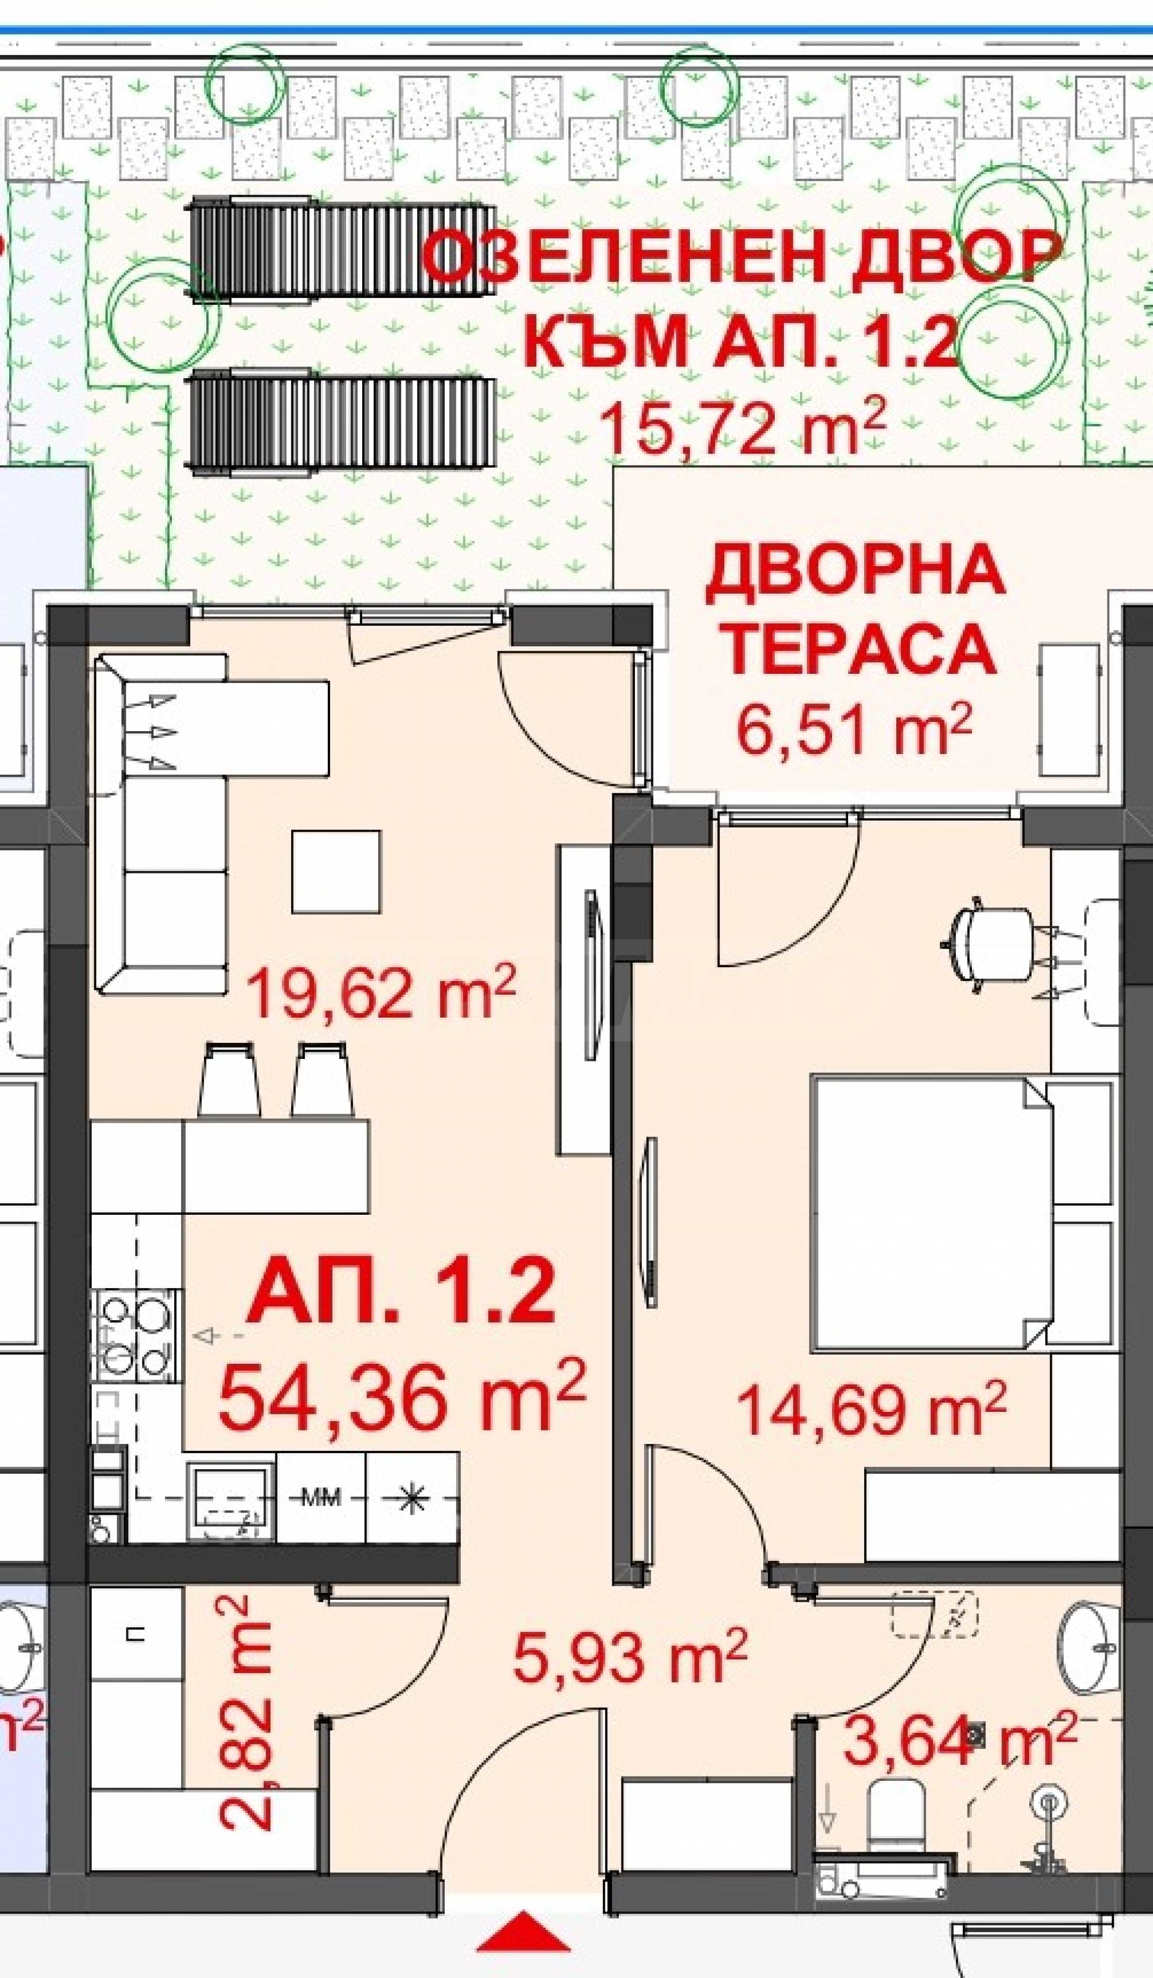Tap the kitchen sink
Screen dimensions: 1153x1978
pyautogui.click(x=232, y=1502)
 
